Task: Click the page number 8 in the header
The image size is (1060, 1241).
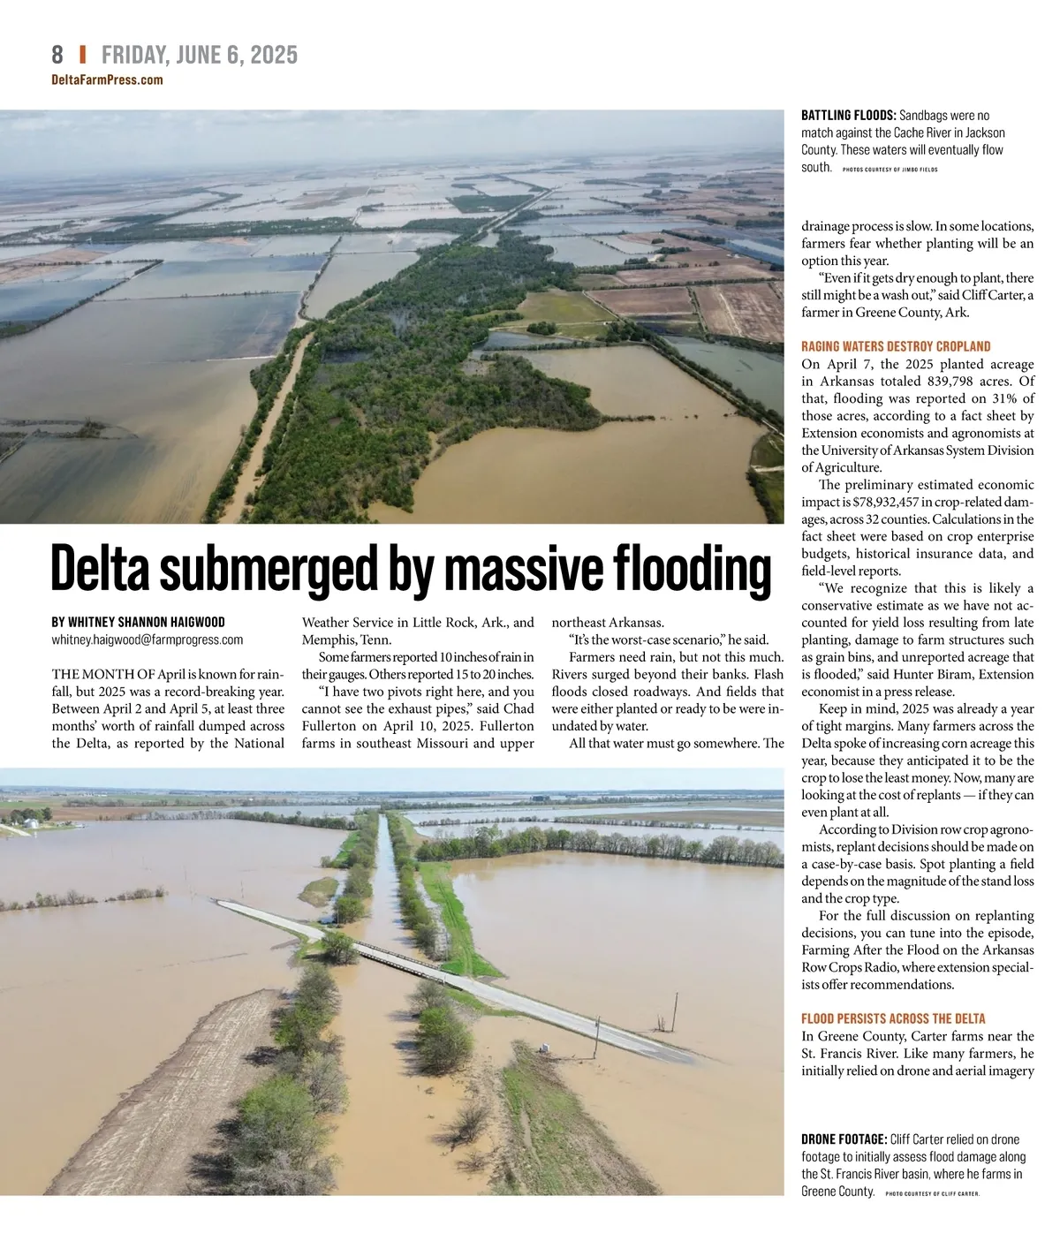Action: click(57, 55)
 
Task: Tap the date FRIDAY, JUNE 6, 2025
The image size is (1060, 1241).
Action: click(200, 55)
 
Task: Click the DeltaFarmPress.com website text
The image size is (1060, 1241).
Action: click(108, 80)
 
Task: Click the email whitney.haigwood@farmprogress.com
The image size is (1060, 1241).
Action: click(148, 639)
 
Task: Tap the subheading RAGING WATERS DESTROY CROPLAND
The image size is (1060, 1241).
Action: click(896, 346)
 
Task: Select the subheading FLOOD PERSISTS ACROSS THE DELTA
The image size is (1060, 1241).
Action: click(893, 1018)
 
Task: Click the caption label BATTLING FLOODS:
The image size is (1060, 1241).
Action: click(848, 116)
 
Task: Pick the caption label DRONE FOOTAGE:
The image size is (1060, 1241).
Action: click(844, 1139)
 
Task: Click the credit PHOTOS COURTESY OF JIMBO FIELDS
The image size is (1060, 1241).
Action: click(890, 169)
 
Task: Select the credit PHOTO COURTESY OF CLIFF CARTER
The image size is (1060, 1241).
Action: click(932, 1193)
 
